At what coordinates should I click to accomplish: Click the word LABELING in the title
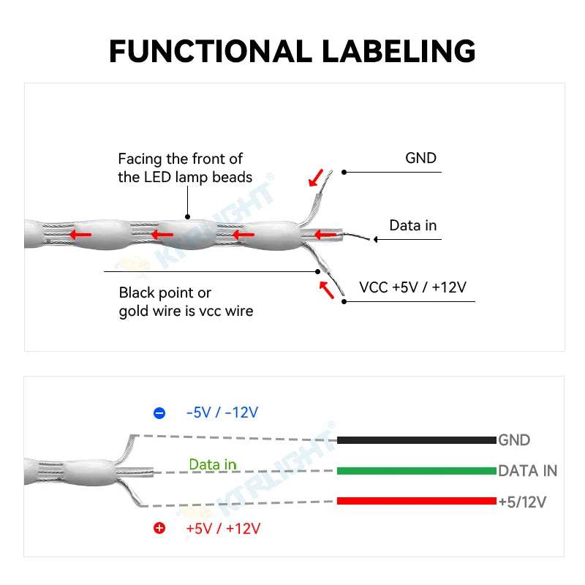[x=399, y=51]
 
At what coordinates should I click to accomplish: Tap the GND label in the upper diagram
[x=420, y=158]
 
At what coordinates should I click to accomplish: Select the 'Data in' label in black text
[x=412, y=225]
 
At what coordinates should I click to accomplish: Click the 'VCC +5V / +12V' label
[x=412, y=287]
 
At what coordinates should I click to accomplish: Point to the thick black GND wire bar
[x=416, y=440]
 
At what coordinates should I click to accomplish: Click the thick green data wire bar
[x=416, y=471]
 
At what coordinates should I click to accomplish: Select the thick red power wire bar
[x=416, y=501]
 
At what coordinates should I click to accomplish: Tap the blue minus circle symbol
[x=159, y=413]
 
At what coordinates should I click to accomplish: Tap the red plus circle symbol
[x=159, y=528]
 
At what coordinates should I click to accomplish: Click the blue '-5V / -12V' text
[x=222, y=412]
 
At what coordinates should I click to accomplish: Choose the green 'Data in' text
[x=213, y=464]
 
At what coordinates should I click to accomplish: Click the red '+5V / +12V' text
[x=222, y=528]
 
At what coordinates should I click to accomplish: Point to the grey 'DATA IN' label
[x=527, y=471]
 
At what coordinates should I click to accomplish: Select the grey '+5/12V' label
[x=522, y=502]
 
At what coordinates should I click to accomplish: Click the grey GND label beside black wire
[x=514, y=440]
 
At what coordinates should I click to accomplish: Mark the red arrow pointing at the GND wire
[x=315, y=177]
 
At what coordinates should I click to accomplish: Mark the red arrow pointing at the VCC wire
[x=326, y=290]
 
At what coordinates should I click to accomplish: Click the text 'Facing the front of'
[x=180, y=159]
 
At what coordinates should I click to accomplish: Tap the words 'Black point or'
[x=165, y=292]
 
